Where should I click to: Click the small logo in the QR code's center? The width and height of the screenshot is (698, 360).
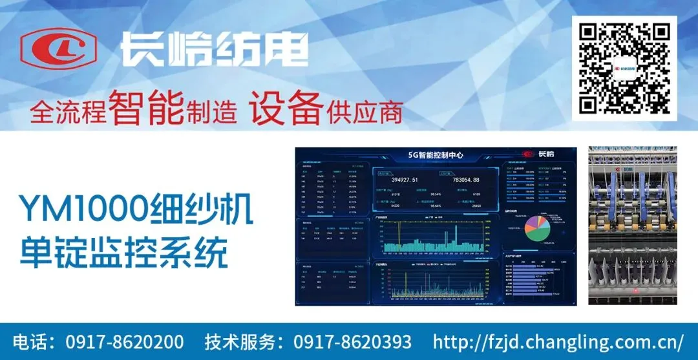pos(624,67)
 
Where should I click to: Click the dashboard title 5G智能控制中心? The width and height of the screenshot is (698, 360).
pos(435,155)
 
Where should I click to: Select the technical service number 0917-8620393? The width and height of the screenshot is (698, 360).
pos(352,341)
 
